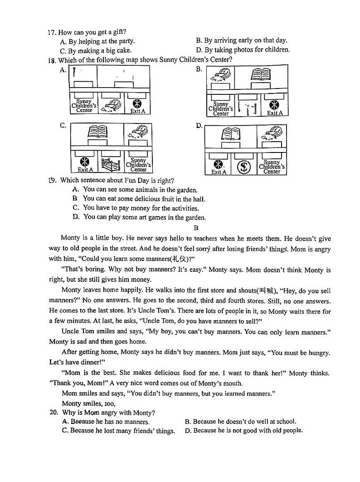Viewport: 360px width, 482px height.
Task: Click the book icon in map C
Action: click(x=97, y=132)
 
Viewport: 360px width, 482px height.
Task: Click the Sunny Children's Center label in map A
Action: click(x=84, y=106)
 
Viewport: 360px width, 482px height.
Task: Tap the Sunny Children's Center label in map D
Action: click(x=272, y=167)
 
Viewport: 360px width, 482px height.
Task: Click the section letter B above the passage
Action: click(x=196, y=228)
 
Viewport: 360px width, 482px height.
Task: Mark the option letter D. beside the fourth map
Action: click(x=199, y=125)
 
